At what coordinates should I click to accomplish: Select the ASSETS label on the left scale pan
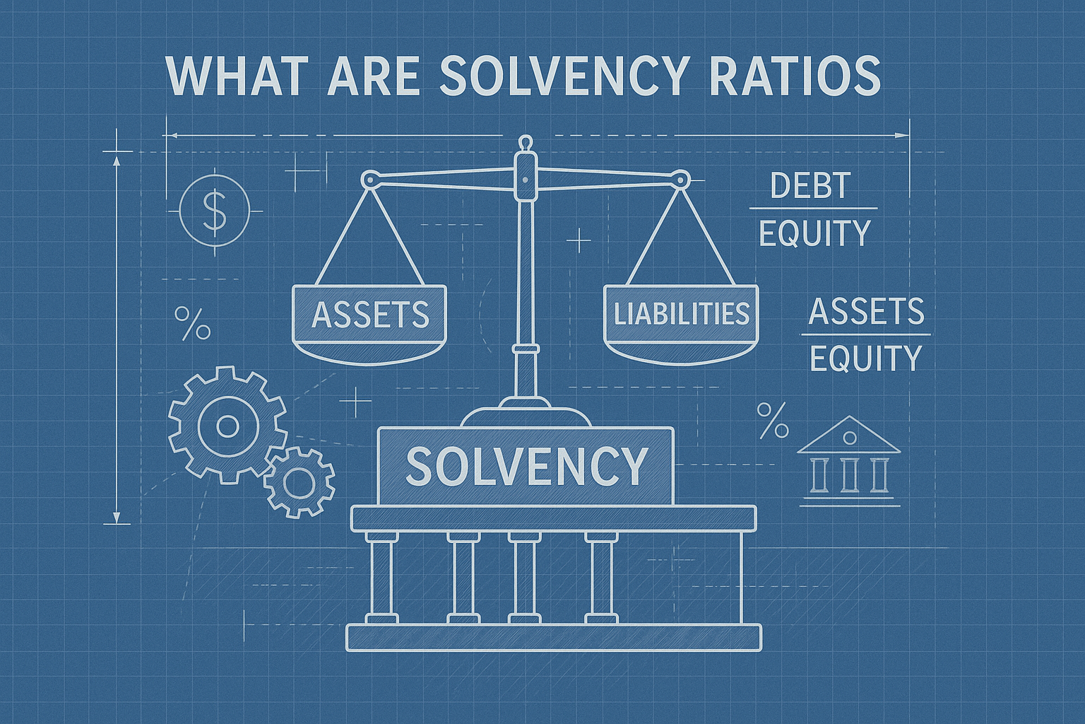coord(370,314)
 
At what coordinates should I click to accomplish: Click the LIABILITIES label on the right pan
coord(681,313)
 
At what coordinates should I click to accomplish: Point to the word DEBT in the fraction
coord(810,187)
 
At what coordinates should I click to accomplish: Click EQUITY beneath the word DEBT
coord(814,233)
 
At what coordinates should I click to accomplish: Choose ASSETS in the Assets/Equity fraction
coord(866,311)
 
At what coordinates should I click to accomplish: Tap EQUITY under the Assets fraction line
coord(866,358)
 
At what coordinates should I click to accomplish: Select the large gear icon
coord(227,426)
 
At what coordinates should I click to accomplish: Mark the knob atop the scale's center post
coord(523,141)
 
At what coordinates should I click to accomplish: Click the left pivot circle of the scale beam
coord(369,180)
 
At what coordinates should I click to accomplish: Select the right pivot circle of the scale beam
coord(680,180)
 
